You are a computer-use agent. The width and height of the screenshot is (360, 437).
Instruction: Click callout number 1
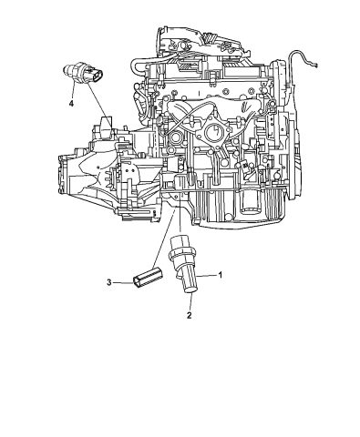[220, 274]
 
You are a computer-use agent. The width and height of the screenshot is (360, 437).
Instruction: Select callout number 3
[108, 283]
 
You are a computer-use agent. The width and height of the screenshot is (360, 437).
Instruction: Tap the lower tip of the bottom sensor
[190, 290]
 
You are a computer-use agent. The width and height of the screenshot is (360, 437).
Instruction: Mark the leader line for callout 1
[207, 274]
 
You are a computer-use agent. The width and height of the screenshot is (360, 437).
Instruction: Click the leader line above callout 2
[189, 301]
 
